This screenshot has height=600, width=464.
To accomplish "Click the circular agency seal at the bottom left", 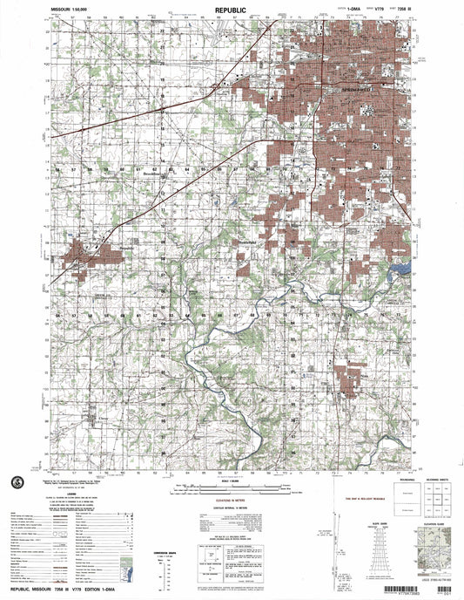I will click(x=17, y=483).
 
